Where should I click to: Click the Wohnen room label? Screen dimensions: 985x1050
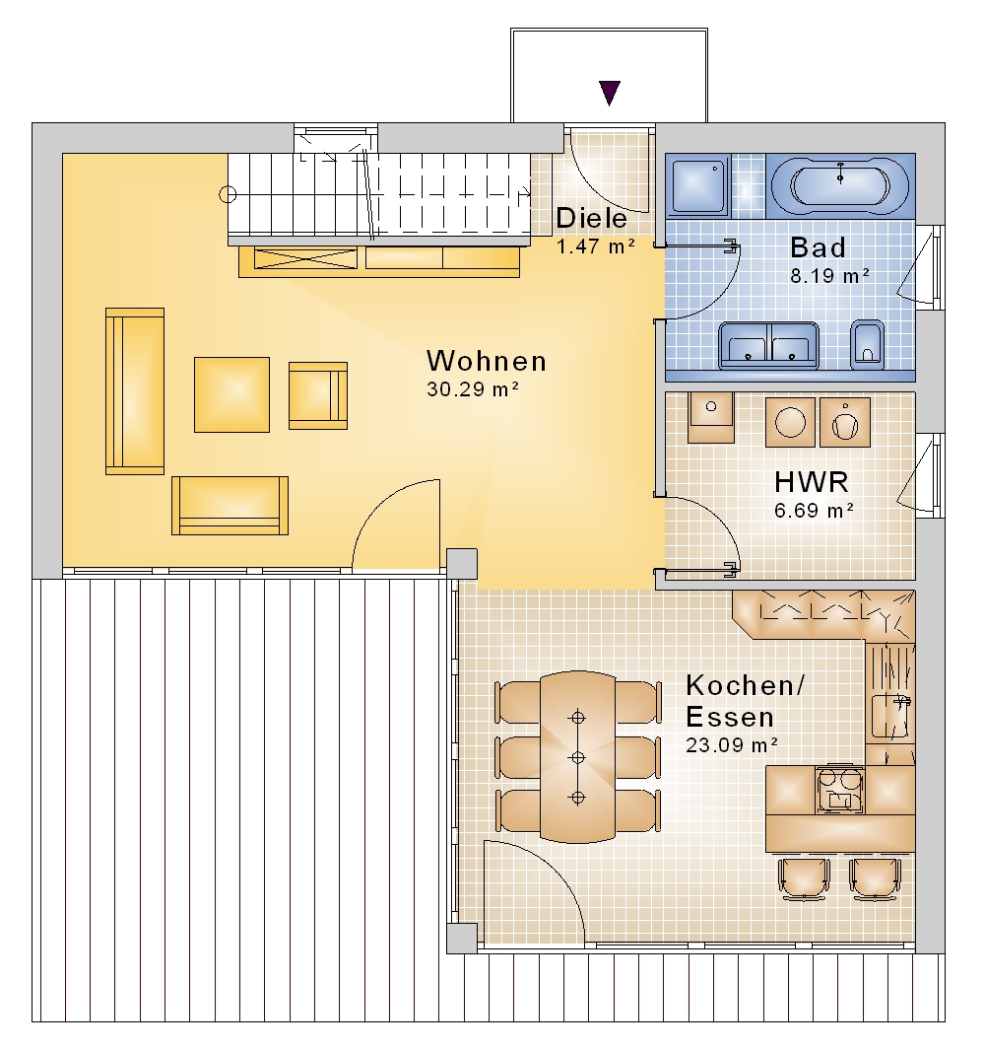(487, 361)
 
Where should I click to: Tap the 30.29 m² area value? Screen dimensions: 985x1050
(473, 389)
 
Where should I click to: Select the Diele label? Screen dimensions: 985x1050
(592, 218)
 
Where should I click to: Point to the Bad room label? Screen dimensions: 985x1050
(818, 247)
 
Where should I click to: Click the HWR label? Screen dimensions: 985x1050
(811, 482)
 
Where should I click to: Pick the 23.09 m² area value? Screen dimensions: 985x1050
(732, 744)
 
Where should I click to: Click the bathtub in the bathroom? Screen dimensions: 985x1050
(840, 184)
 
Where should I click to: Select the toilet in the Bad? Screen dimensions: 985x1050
(867, 345)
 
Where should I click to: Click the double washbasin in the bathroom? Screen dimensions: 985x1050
(769, 345)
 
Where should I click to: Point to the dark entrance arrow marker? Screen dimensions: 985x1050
(610, 93)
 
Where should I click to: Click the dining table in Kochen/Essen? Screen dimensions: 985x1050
(577, 757)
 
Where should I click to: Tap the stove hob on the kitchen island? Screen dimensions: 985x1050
(839, 790)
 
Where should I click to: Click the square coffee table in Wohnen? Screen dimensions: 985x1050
(231, 394)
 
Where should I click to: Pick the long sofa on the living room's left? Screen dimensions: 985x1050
(135, 391)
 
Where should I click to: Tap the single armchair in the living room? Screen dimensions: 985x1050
(318, 395)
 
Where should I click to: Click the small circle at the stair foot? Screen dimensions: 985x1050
(228, 195)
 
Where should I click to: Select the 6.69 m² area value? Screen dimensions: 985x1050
(814, 511)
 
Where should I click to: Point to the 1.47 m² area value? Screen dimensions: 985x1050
(596, 246)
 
